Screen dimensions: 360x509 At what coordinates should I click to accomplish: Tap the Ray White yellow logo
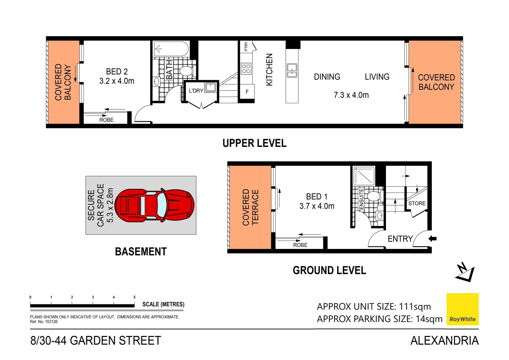[x=462, y=309]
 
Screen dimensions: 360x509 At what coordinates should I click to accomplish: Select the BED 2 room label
[x=117, y=72]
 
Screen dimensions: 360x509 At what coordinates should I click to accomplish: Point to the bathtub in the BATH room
[x=171, y=49]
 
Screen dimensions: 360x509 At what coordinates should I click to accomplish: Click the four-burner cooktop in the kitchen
[x=246, y=69]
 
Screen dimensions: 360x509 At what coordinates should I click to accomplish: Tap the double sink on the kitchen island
[x=292, y=71]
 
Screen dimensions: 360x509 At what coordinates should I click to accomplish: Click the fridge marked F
[x=247, y=92]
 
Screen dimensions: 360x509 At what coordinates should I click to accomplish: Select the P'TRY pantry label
[x=246, y=46]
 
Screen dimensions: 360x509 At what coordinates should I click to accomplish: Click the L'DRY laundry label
[x=196, y=91]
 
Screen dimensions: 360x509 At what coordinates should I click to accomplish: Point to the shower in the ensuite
[x=364, y=176]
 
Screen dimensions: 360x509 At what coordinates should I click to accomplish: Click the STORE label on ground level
[x=417, y=203]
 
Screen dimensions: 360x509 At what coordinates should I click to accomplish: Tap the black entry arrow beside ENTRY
[x=432, y=238]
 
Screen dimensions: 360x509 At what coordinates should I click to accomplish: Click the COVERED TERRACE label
[x=250, y=207]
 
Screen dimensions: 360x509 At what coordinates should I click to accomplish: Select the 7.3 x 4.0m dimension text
[x=351, y=95]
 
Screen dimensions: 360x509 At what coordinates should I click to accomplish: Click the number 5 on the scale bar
[x=134, y=297]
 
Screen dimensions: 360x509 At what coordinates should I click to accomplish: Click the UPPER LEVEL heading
[x=254, y=143]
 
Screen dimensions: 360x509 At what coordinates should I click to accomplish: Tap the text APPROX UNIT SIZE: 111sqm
[x=374, y=307]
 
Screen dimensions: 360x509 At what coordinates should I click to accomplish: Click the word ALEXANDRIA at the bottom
[x=444, y=341]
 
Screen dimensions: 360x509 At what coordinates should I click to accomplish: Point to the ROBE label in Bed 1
[x=300, y=245]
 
